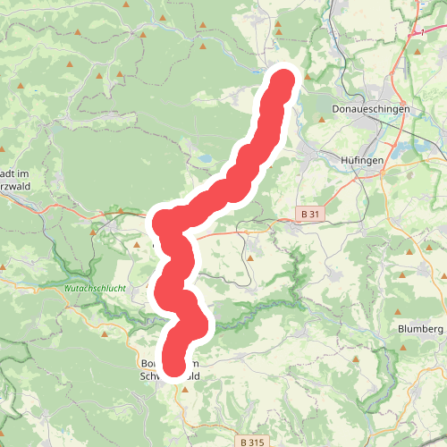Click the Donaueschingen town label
click(x=370, y=108)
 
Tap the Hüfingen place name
click(x=362, y=159)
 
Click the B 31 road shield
click(x=309, y=214)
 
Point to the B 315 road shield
click(x=254, y=442)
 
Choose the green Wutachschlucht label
click(x=96, y=289)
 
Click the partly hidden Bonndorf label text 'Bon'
click(x=150, y=364)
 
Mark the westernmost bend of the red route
click(x=158, y=221)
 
